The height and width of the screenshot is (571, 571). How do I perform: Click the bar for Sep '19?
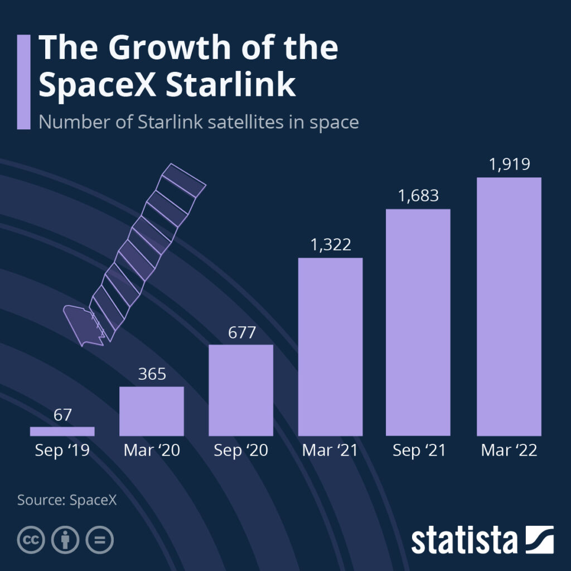tap(62, 431)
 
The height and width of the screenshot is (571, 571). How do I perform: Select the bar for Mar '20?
tap(152, 411)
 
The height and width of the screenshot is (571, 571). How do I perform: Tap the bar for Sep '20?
tap(241, 390)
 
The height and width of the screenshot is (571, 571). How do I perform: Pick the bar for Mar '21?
tap(330, 346)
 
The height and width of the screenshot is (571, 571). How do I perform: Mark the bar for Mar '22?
tap(509, 306)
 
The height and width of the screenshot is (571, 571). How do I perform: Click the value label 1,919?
tap(509, 164)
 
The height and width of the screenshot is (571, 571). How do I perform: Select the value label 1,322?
tap(330, 245)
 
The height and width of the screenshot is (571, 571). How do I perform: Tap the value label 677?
tap(241, 332)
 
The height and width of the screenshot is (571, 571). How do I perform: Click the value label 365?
tap(152, 374)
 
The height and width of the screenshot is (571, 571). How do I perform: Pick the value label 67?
tap(62, 415)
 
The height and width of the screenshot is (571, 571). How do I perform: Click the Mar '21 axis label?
tap(330, 451)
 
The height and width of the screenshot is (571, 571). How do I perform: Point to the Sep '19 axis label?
tap(62, 451)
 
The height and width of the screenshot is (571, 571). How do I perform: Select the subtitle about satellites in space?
tap(198, 122)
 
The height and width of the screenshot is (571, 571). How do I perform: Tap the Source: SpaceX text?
tap(67, 499)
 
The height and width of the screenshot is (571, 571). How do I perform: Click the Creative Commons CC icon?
tap(31, 540)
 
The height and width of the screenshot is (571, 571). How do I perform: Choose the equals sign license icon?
tap(99, 540)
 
